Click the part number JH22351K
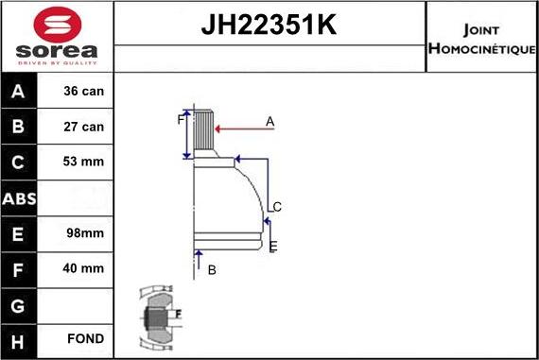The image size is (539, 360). (x=269, y=25)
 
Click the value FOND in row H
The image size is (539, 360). (x=85, y=338)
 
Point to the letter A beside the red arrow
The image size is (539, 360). (x=269, y=121)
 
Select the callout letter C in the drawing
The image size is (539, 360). (x=277, y=207)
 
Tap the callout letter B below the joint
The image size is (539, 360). (x=212, y=270)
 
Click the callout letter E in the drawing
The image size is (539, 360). (x=273, y=247)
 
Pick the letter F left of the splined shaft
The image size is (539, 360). (x=180, y=120)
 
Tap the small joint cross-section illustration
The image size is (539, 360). (x=157, y=315)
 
